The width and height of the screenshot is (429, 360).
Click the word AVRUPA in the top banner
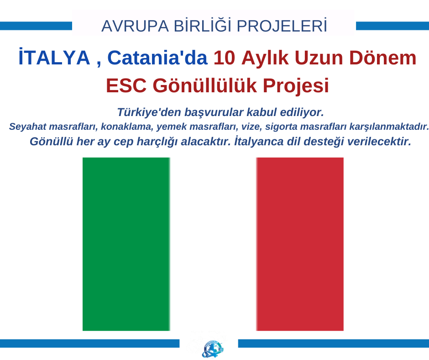pyautogui.click(x=135, y=26)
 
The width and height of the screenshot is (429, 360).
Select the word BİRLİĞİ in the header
pyautogui.click(x=203, y=26)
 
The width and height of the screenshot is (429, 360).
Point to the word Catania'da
pyautogui.click(x=157, y=58)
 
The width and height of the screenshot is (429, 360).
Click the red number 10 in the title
pyautogui.click(x=224, y=58)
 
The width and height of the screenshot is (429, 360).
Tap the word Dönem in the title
pyautogui.click(x=382, y=58)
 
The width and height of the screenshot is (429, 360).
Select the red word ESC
pyautogui.click(x=126, y=85)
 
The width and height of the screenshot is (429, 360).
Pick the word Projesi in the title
pyautogui.click(x=296, y=86)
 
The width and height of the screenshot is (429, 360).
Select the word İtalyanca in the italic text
pyautogui.click(x=255, y=141)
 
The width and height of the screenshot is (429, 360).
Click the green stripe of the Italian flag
pyautogui.click(x=126, y=244)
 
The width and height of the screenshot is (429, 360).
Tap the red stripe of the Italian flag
pyautogui.click(x=300, y=244)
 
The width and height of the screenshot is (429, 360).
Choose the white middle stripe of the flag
pyautogui.click(x=213, y=244)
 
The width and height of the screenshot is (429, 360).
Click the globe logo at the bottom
pyautogui.click(x=212, y=348)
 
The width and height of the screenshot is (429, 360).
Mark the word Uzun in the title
pyautogui.click(x=319, y=58)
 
